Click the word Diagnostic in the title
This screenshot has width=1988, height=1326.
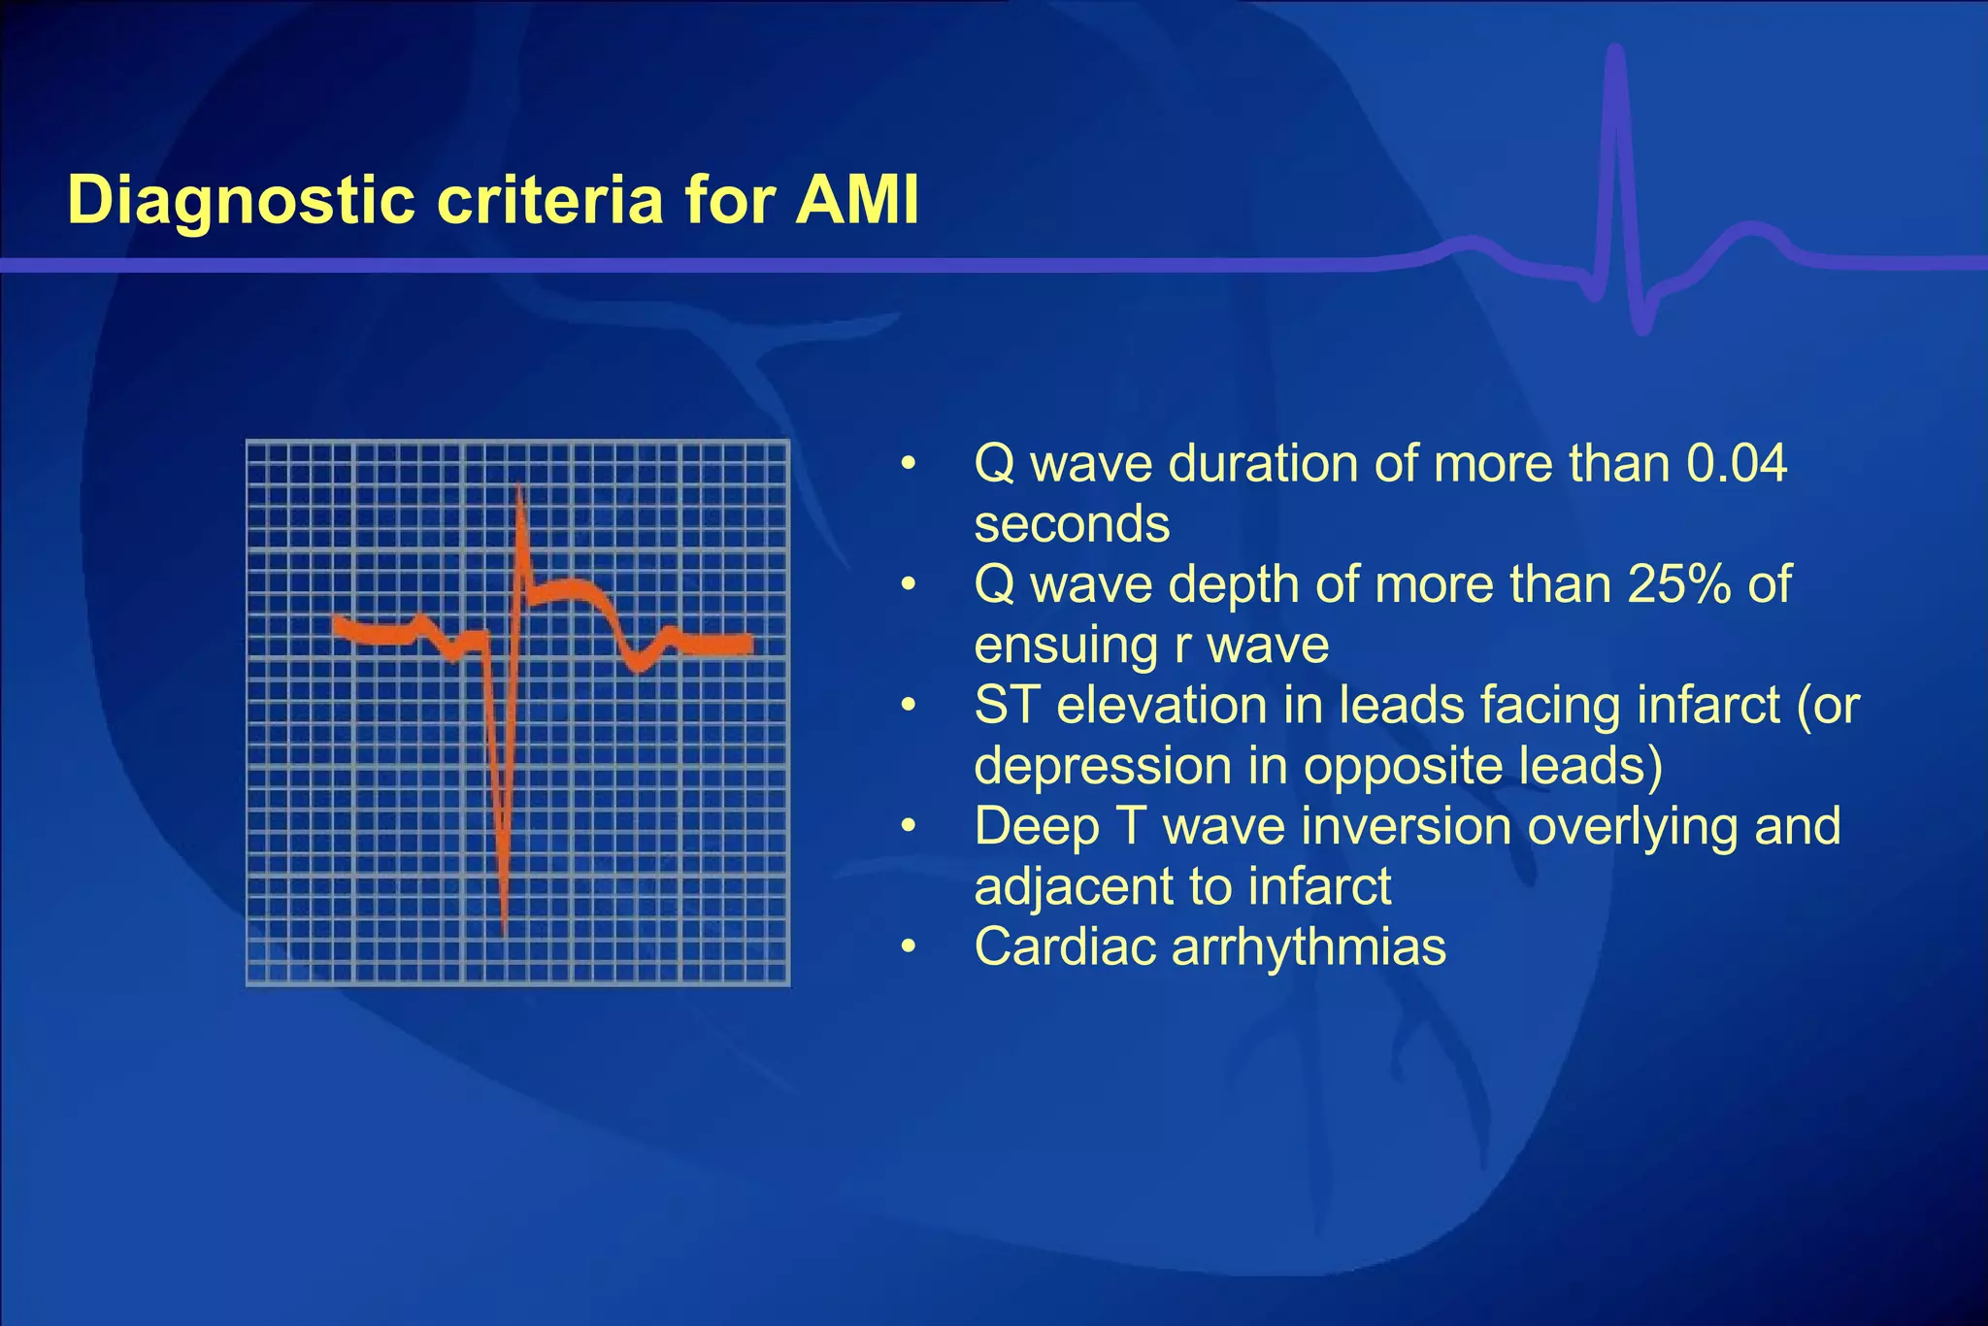(242, 202)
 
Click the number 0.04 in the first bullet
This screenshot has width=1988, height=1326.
(1736, 464)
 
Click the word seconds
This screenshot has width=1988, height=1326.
(1072, 524)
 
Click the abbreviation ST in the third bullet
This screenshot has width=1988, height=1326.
(1007, 706)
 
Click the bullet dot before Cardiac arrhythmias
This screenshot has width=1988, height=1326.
(908, 947)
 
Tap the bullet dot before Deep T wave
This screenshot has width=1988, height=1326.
(908, 827)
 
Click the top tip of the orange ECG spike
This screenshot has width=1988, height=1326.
(519, 485)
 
